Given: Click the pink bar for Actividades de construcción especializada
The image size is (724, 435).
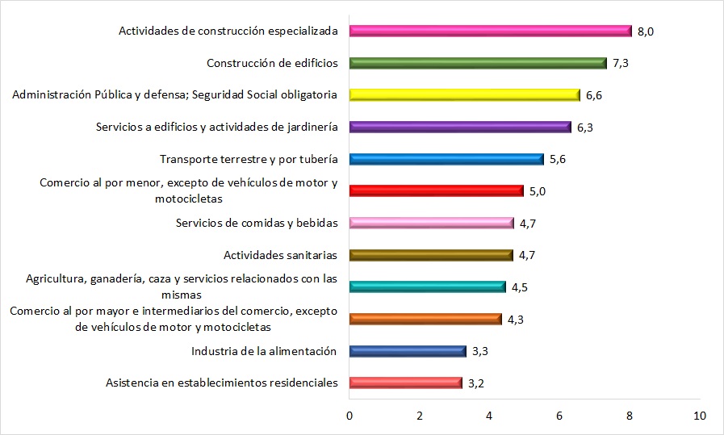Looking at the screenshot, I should (490, 31).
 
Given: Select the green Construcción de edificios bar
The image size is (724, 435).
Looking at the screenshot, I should (478, 63).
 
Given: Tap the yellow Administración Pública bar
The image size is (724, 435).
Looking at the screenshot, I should (465, 95).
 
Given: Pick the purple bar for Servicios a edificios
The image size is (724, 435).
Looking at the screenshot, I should (460, 127).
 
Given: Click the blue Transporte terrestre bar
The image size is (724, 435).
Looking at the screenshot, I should (447, 159).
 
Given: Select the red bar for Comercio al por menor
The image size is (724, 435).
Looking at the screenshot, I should (437, 191).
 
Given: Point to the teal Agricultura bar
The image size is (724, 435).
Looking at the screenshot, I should (428, 287).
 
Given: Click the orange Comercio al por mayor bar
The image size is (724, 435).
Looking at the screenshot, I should (425, 319).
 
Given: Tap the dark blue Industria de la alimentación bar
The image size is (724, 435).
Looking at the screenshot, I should (408, 351).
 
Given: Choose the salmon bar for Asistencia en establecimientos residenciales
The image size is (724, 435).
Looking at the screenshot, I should (406, 383).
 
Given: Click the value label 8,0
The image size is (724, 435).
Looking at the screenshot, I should (646, 31).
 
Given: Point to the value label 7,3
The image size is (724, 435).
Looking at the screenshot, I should (621, 63).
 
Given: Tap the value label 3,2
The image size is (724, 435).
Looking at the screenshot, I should (476, 383).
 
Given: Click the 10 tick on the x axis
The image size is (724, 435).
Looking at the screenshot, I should (699, 416).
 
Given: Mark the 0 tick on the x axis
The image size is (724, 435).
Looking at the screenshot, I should (349, 416).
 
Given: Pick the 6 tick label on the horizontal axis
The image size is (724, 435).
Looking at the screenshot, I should (559, 416).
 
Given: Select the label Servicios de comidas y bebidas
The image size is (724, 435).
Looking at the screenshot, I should (256, 223).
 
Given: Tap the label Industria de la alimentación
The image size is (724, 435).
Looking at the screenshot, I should (264, 351).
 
